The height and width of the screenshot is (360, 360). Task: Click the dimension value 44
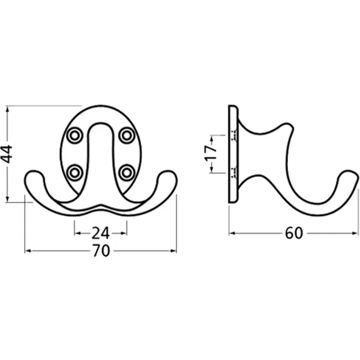(7, 154)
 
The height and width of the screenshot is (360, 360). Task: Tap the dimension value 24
(101, 233)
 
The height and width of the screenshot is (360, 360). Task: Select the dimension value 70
(101, 251)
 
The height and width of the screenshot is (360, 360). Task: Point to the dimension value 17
(211, 152)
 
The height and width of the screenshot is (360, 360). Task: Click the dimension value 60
(294, 233)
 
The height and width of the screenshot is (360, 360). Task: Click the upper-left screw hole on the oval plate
(74, 136)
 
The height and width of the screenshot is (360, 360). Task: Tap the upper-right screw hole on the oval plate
(127, 136)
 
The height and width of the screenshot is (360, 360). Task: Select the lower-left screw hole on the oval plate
(74, 172)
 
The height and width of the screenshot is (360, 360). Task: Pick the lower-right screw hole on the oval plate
(127, 172)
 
